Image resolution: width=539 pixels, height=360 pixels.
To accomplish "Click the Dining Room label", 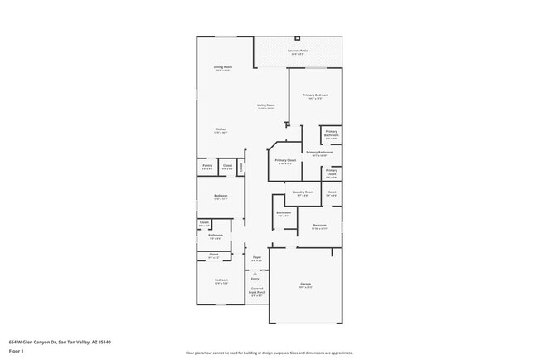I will (222, 68).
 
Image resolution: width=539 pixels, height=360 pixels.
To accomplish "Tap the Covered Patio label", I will (298, 51).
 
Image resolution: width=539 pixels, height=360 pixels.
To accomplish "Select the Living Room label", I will (266, 106).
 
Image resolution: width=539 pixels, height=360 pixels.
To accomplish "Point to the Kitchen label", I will (221, 130).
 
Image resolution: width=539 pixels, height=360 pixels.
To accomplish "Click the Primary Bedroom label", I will (315, 96).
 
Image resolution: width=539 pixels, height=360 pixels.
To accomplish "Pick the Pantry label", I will (207, 166).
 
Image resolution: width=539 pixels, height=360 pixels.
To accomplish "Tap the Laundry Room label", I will (303, 192).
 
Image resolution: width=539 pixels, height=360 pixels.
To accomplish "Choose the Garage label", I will (305, 285).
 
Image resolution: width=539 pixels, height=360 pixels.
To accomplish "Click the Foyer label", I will (257, 258).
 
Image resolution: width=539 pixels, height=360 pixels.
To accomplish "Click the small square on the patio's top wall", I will (298, 37).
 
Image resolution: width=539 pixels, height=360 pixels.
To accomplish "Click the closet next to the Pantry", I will (227, 167).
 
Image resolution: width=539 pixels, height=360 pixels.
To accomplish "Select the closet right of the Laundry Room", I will (331, 193).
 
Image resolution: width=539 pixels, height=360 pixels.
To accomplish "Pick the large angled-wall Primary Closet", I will (284, 161).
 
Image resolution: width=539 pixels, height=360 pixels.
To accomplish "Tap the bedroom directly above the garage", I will (320, 226).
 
